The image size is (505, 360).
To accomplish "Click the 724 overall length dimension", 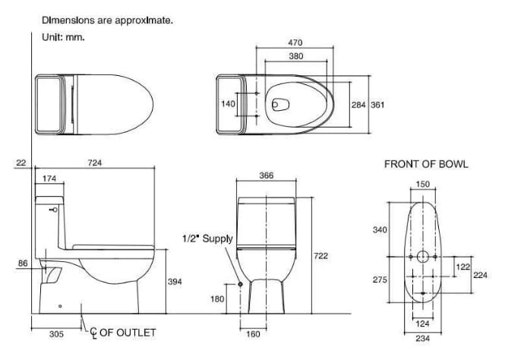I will (96, 163).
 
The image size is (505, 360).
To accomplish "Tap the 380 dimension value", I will (297, 56).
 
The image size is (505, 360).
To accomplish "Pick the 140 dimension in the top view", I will (229, 104).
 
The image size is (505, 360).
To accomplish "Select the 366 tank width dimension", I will (266, 175).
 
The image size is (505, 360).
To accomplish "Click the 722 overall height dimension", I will (320, 257).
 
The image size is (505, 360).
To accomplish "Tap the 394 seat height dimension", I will (175, 282).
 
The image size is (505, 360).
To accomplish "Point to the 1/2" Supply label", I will (207, 238).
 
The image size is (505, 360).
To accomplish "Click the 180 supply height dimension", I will (217, 299).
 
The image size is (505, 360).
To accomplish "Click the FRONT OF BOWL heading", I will (426, 164).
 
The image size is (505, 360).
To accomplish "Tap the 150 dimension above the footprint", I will (423, 185).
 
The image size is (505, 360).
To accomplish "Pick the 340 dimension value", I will (380, 229).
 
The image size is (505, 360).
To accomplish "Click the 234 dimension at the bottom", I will (422, 339).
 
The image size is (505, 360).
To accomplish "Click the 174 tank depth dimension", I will (49, 178).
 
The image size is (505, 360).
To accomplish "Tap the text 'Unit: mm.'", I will (64, 36).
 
